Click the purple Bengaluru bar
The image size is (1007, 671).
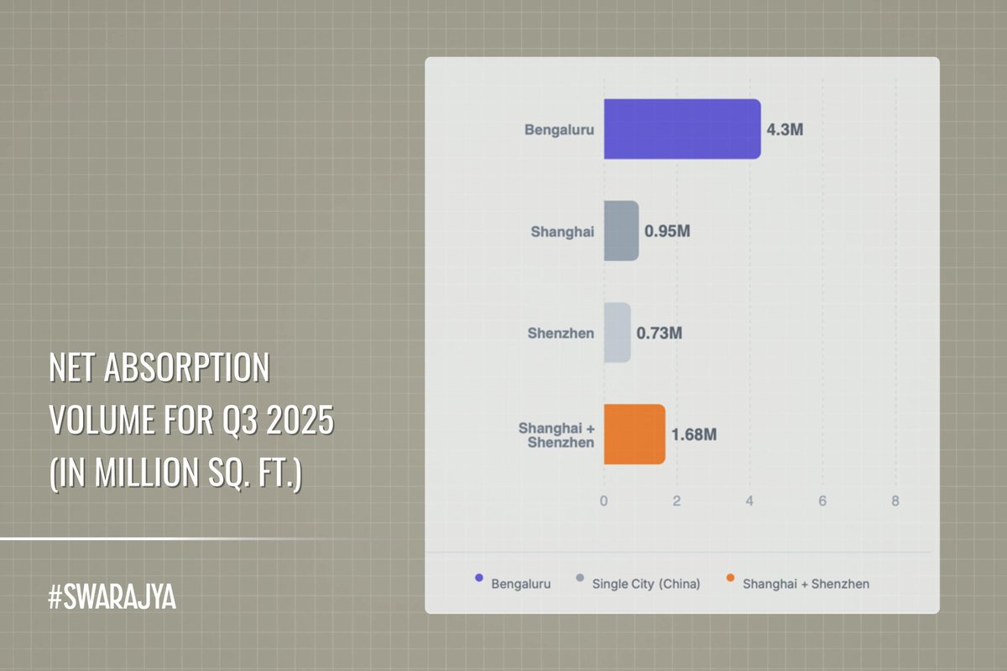coord(681,129)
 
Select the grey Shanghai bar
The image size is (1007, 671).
coord(621,231)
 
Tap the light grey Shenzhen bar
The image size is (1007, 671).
coord(617,333)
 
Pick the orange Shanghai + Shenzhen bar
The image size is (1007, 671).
coord(634,434)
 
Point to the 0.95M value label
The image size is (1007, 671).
coord(667,231)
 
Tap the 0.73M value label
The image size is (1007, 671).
coord(660,333)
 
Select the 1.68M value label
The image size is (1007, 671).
coord(693,435)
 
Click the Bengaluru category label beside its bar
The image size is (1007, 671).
coord(559,130)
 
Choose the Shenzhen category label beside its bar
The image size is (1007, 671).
coord(561,333)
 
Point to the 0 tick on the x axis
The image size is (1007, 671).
coord(603,501)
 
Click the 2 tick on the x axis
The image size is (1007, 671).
coord(676,501)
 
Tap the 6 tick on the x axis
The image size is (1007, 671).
coord(822,501)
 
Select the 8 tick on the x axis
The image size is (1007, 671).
coord(895,501)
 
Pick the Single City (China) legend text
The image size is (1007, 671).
coord(646,583)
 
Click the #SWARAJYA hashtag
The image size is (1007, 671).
coord(112,600)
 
